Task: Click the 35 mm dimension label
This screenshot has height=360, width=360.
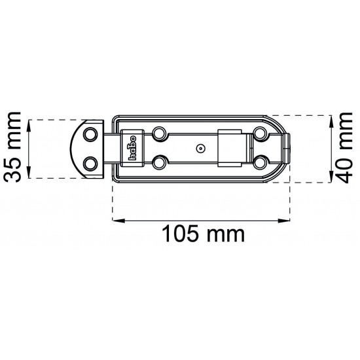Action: click(14, 149)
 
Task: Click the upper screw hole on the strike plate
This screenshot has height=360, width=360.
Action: click(91, 134)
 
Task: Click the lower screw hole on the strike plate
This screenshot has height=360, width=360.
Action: click(91, 161)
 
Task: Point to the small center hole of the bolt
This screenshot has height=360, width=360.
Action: click(200, 148)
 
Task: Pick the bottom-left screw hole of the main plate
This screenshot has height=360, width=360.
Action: click(159, 161)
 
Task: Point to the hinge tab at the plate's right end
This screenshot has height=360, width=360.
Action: click(287, 148)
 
